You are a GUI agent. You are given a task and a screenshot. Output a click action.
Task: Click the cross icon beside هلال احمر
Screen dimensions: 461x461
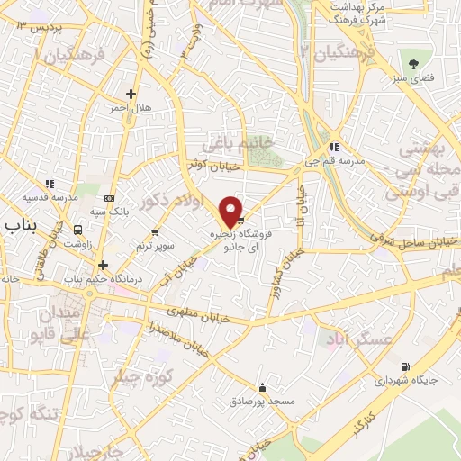coord(131,93)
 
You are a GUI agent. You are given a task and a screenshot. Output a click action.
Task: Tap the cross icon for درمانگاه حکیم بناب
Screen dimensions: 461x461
coord(104,265)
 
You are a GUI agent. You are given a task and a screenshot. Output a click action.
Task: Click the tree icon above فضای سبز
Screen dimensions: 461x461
coord(414,63)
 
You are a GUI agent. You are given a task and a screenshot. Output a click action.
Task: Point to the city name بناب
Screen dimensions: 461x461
coord(20,223)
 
